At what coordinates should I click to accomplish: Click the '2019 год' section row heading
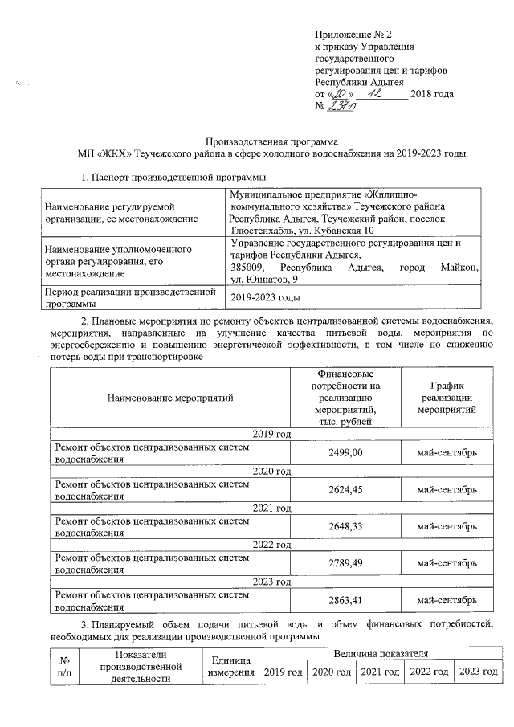pyautogui.click(x=271, y=435)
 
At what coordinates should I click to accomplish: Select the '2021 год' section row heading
pyautogui.click(x=271, y=508)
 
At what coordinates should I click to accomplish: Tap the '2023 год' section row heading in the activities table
pyautogui.click(x=271, y=582)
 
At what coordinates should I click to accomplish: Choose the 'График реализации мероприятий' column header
pyautogui.click(x=447, y=397)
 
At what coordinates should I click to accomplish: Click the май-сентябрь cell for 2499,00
pyautogui.click(x=447, y=453)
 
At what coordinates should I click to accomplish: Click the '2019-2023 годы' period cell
pyautogui.click(x=266, y=298)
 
